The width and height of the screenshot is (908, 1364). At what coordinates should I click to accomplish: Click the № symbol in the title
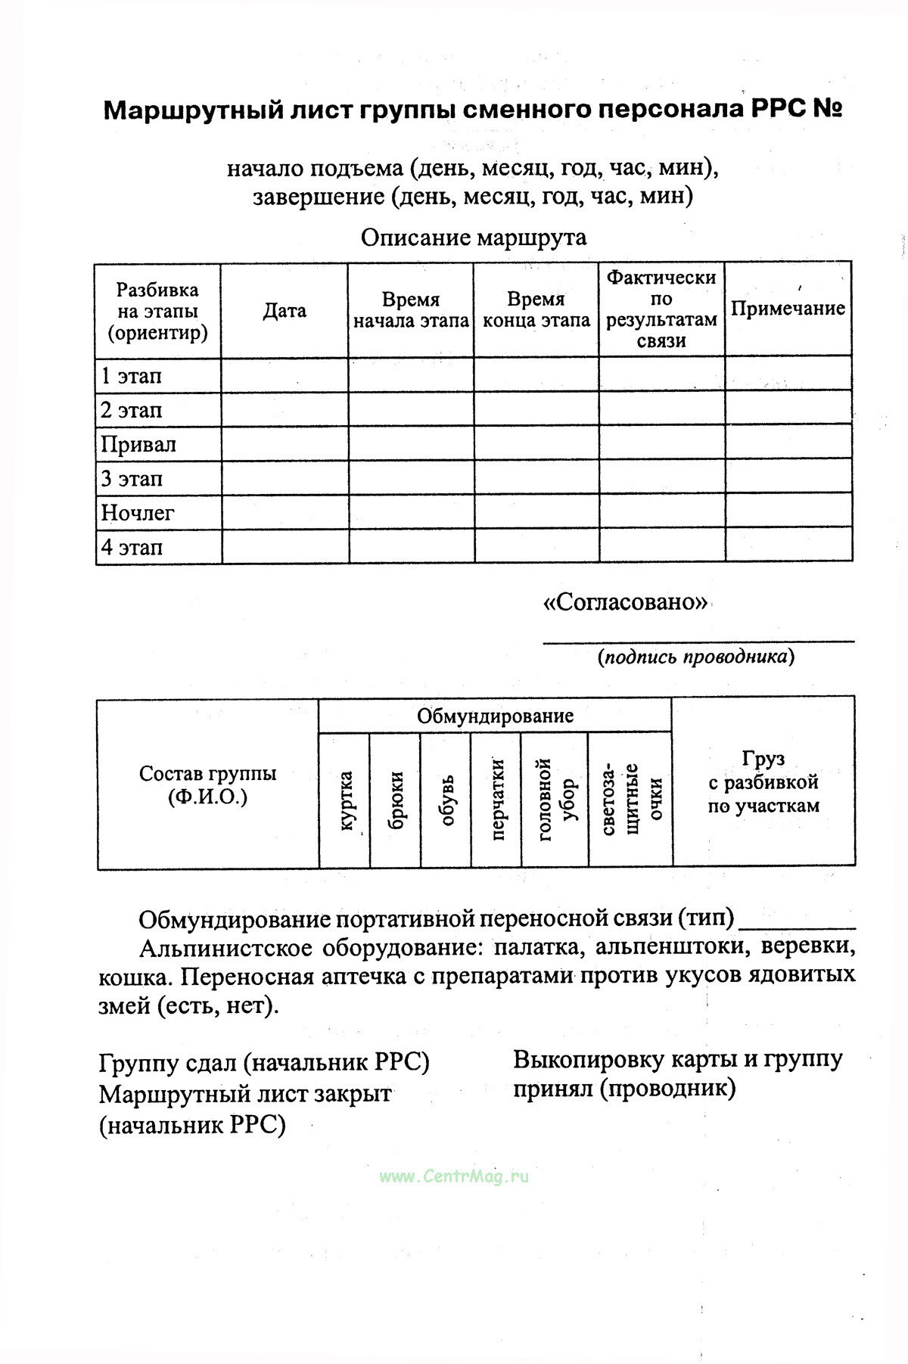828,110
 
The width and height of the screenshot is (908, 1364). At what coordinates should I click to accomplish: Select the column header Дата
285,311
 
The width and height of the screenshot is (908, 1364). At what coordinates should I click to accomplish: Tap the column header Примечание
788,309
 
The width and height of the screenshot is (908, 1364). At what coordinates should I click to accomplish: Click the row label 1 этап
132,376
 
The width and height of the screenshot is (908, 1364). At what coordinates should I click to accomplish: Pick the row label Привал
138,444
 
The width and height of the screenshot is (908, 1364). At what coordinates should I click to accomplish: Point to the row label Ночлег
138,513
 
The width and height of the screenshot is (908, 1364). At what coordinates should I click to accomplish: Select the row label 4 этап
132,547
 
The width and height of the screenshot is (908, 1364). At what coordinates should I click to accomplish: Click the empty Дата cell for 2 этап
285,410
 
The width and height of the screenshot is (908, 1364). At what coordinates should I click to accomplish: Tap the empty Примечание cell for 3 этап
788,478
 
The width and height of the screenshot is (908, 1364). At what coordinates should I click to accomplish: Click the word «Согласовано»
626,602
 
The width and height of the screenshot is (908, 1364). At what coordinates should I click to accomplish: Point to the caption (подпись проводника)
696,657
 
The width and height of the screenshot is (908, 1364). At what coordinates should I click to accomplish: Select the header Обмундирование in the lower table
495,716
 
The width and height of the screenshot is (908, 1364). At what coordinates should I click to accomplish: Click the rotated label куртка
345,800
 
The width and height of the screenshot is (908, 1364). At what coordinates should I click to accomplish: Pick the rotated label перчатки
497,799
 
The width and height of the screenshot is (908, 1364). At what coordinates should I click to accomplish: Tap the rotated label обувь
446,800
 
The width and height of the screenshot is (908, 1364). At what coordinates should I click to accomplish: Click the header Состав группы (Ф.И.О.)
208,785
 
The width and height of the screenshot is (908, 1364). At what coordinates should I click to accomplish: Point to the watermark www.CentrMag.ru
454,1176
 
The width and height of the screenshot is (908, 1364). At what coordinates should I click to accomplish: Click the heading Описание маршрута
473,238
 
